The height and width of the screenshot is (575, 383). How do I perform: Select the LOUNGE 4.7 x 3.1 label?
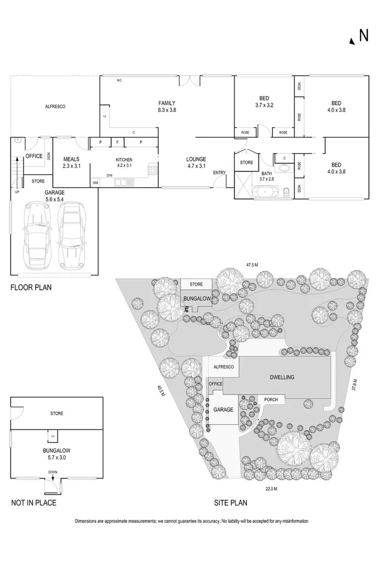[196, 163]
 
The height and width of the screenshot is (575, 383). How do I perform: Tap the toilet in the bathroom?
[286, 191]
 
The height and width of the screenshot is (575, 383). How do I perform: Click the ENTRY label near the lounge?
[219, 172]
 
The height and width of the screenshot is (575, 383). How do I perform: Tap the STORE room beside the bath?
[246, 163]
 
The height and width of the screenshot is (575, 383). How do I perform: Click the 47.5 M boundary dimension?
[252, 265]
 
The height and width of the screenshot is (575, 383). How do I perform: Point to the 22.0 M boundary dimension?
[270, 488]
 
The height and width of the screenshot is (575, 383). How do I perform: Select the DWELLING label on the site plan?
[282, 377]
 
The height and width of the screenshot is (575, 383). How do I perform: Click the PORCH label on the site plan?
[270, 400]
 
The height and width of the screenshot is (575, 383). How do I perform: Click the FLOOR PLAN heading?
[30, 287]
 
